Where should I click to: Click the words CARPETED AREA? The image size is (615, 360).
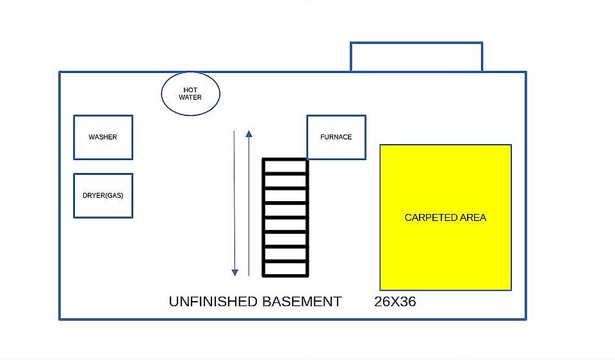[445, 218]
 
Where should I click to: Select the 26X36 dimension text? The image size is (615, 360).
[395, 302]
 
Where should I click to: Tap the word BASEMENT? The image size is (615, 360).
[302, 302]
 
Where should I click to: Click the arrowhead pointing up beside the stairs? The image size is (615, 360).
[249, 134]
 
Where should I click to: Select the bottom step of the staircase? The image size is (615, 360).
[286, 269]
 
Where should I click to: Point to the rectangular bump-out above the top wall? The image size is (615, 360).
[416, 57]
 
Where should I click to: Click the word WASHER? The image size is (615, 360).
[102, 137]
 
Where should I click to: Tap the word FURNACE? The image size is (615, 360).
[336, 137]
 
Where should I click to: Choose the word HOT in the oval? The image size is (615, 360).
[190, 90]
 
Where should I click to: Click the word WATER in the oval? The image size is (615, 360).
[190, 98]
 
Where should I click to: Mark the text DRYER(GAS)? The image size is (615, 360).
[102, 195]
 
